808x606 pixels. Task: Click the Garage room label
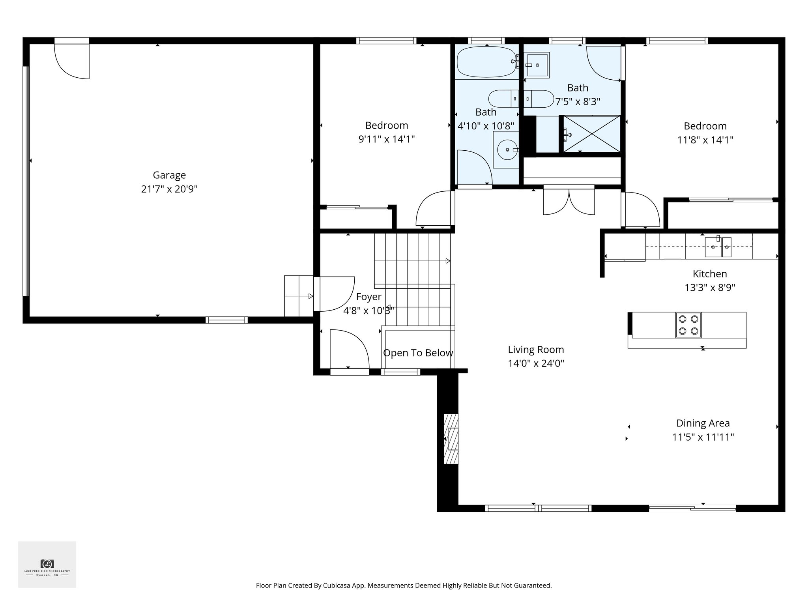click(x=169, y=175)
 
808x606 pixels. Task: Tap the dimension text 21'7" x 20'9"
click(x=169, y=189)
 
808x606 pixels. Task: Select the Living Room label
click(x=536, y=350)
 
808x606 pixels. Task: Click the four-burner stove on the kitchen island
click(x=688, y=325)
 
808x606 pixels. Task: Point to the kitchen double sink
click(x=718, y=247)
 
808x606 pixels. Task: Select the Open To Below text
click(x=418, y=353)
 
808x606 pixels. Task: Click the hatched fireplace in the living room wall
click(x=451, y=439)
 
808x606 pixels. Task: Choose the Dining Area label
click(x=703, y=423)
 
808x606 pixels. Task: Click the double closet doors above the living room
click(x=569, y=202)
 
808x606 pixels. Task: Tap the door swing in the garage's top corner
click(x=72, y=61)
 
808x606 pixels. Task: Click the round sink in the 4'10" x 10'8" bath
click(x=506, y=150)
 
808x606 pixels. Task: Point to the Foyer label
click(x=368, y=297)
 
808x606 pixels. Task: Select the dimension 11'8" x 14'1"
click(x=705, y=140)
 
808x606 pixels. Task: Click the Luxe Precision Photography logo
click(x=47, y=564)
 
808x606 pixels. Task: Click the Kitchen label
click(x=709, y=274)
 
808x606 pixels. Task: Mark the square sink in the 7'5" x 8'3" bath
click(x=537, y=65)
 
